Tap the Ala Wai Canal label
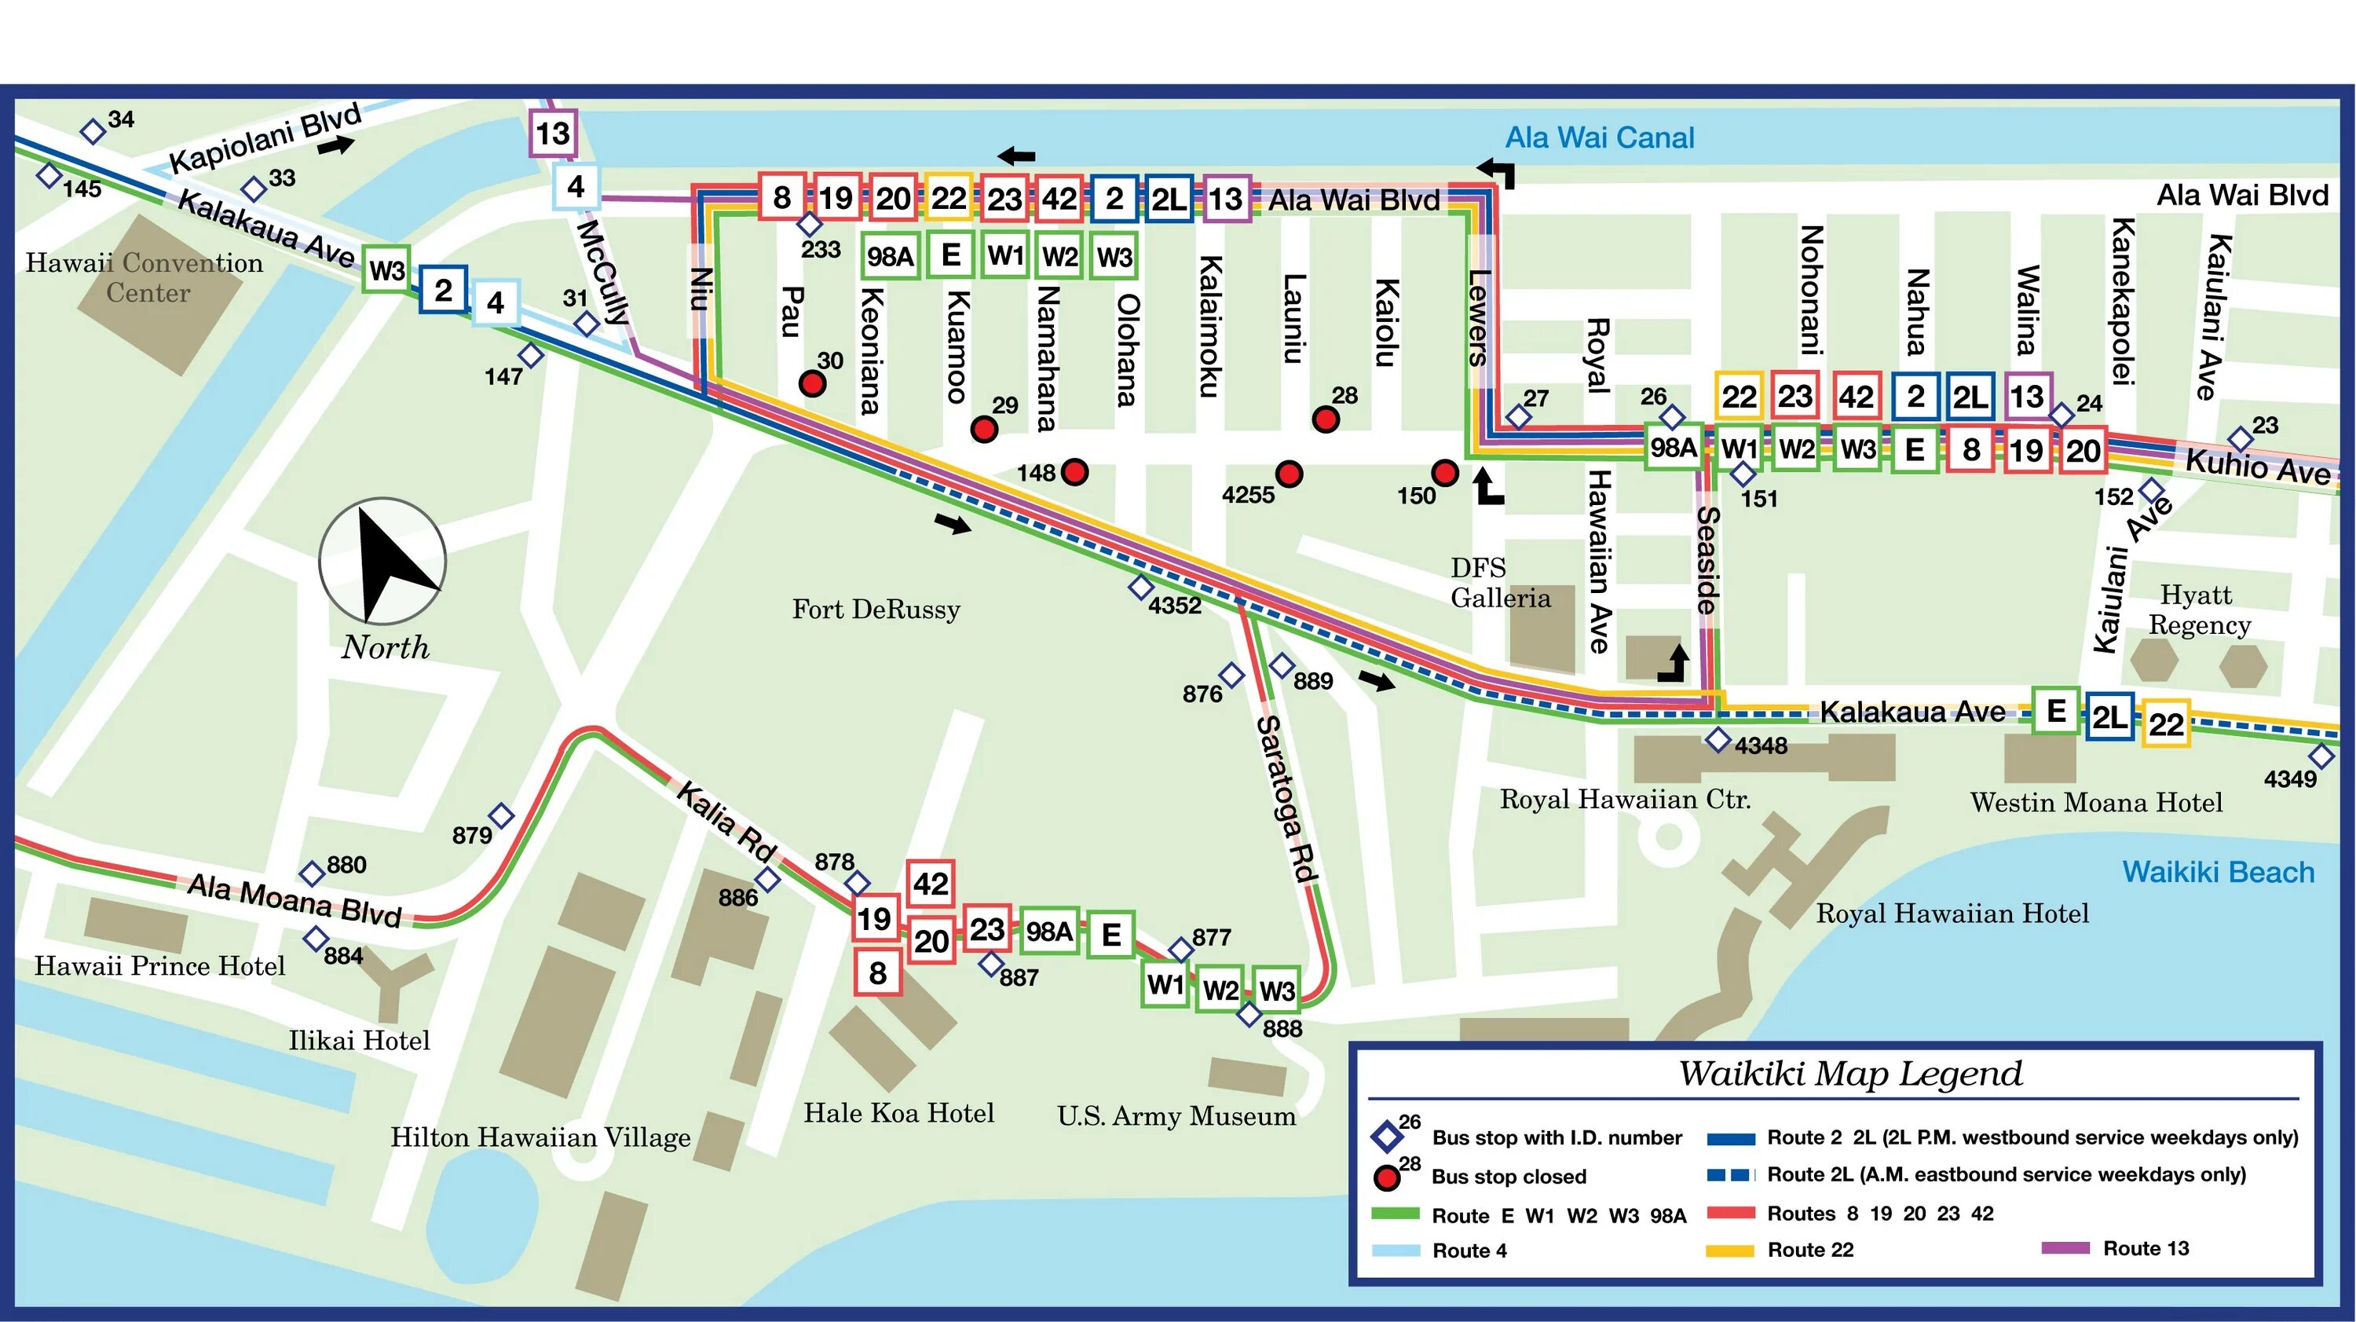coord(1599,138)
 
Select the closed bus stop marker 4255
coord(1289,474)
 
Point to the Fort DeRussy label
coord(876,610)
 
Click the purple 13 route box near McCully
coord(552,134)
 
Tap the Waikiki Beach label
coord(2217,872)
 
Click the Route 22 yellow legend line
coord(1729,1251)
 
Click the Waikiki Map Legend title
coord(1849,1073)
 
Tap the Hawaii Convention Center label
coord(145,277)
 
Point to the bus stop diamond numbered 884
coord(316,939)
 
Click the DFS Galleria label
coord(1500,583)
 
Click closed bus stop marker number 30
coord(812,383)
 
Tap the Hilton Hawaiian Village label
coord(540,1137)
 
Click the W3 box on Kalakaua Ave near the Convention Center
coord(386,270)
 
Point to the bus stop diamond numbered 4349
coord(2321,756)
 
